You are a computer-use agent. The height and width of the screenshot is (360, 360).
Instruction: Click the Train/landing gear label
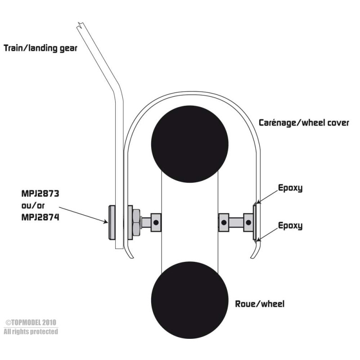pos(40,48)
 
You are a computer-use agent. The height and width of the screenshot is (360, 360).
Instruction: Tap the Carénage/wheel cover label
pos(304,122)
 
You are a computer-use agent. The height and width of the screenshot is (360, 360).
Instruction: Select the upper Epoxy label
pos(290,188)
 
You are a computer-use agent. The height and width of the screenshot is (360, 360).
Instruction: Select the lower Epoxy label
pos(290,225)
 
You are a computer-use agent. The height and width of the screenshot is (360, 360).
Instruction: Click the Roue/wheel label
pos(260,304)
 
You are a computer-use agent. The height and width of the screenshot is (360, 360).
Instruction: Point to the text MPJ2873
pos(40,193)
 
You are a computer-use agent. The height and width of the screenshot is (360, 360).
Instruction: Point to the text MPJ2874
pos(40,217)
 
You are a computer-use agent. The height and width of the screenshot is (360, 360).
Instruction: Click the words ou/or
pos(33,206)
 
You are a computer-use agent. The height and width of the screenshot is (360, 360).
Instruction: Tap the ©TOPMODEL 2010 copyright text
pos(31,322)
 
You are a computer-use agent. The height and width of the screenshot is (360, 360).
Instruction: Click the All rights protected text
pos(31,332)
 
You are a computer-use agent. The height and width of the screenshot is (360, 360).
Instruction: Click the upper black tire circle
pos(189,144)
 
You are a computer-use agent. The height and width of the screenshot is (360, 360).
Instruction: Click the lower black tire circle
pos(189,300)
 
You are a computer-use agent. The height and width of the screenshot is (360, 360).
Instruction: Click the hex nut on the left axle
pos(136,222)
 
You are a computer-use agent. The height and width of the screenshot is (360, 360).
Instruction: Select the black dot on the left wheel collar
pos(156,222)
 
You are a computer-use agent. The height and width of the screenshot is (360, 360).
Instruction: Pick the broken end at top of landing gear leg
pos(80,25)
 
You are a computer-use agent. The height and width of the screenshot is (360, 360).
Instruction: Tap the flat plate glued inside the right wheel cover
pos(255,222)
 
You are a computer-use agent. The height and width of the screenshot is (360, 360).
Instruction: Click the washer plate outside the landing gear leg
pos(112,222)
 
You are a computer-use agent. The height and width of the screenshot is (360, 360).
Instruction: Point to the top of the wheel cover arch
pos(192,93)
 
